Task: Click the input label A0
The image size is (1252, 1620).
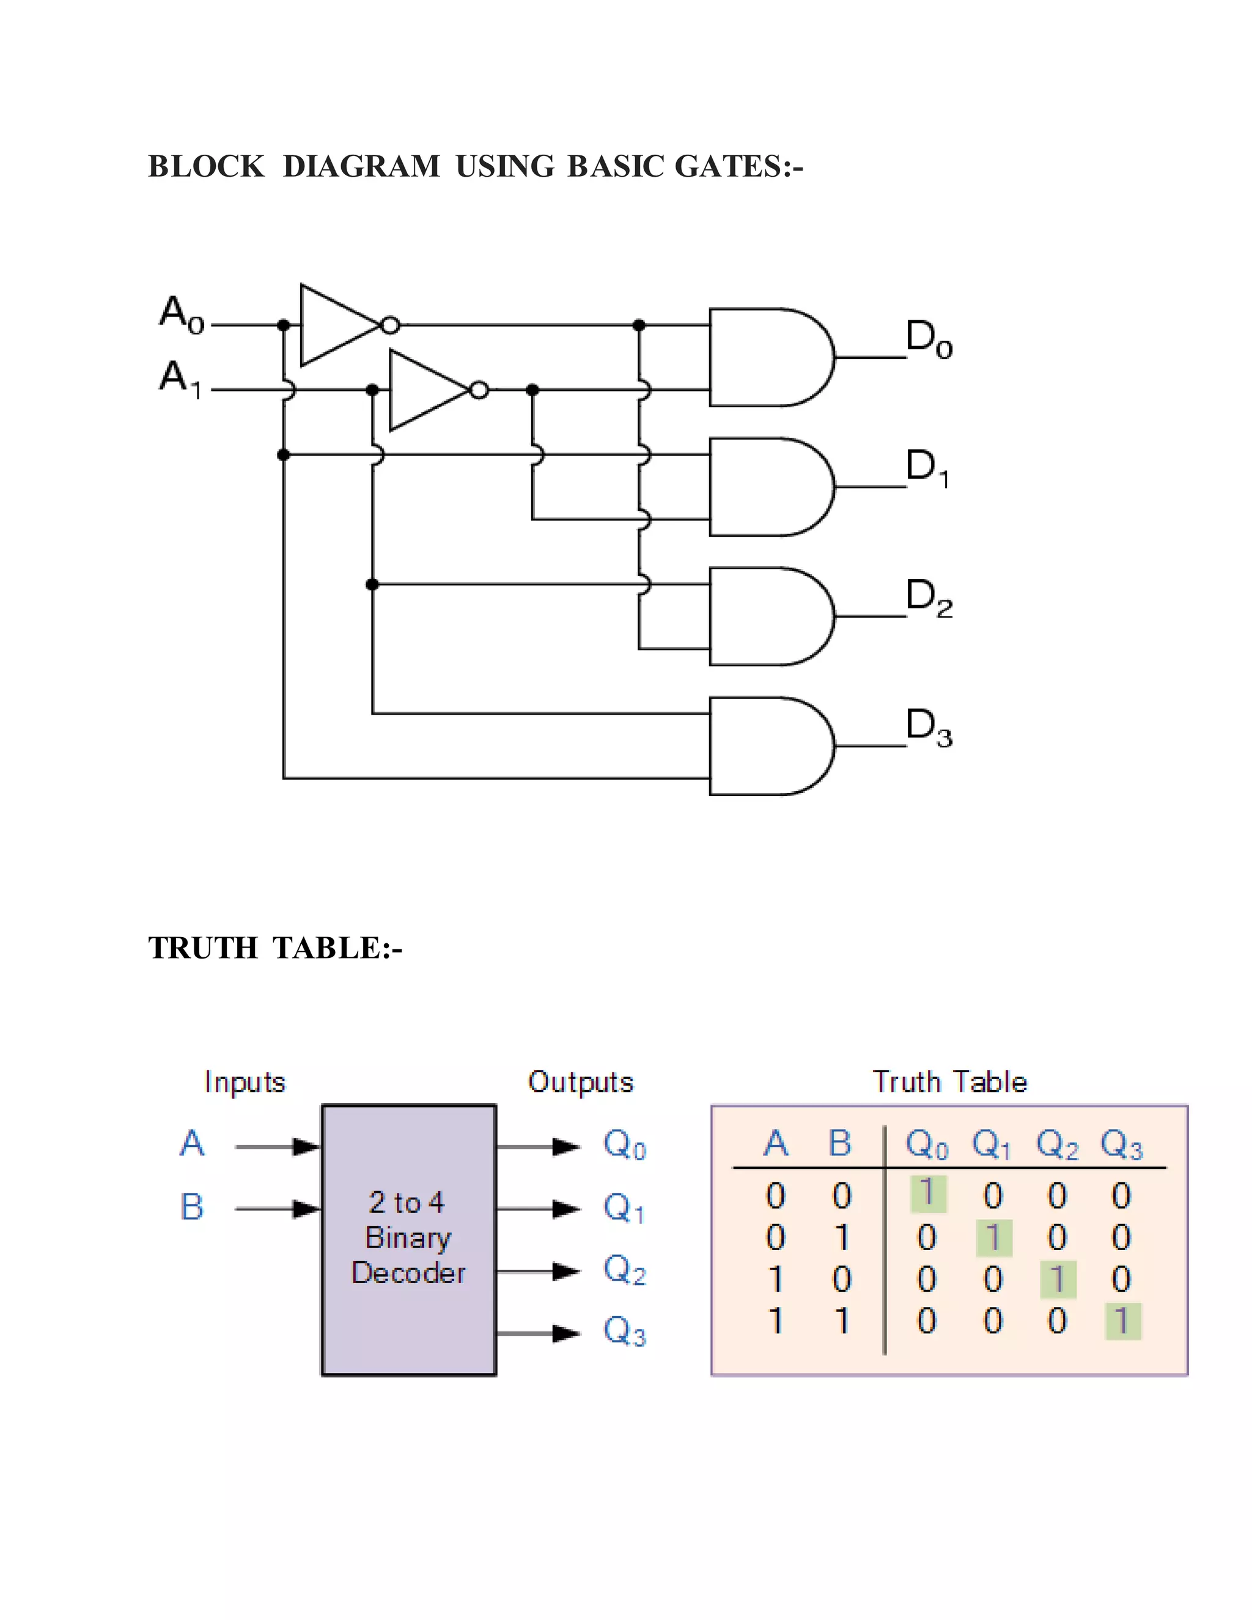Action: (182, 315)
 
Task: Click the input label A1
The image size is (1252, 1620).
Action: (180, 379)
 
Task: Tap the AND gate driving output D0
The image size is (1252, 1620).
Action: (768, 358)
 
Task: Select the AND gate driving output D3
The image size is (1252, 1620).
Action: (768, 746)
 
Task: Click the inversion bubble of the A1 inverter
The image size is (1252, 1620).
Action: (479, 390)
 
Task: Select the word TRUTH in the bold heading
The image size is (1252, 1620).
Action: (202, 948)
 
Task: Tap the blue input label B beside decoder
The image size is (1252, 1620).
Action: (191, 1207)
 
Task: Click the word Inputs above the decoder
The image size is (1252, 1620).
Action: (245, 1082)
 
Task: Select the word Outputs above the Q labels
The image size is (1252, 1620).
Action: (581, 1082)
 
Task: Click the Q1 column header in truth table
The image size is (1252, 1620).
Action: (991, 1144)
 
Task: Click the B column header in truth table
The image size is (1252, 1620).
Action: (839, 1143)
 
